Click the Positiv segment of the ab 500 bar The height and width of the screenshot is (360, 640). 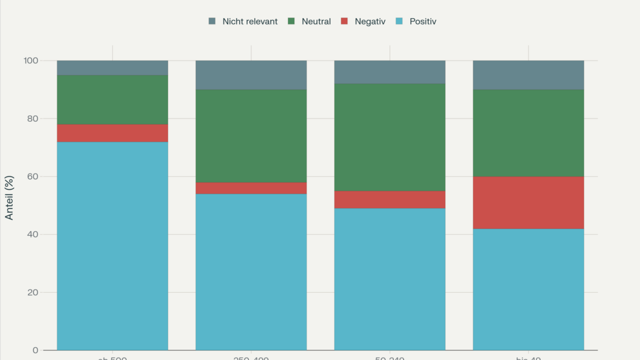click(113, 246)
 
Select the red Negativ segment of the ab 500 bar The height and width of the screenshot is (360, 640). click(113, 133)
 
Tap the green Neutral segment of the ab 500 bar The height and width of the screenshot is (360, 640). click(113, 100)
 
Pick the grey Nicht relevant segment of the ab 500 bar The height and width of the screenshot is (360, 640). click(113, 68)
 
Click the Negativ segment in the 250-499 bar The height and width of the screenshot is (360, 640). click(251, 188)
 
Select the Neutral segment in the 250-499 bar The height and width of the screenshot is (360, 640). click(251, 136)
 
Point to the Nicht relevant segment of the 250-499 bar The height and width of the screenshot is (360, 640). click(251, 75)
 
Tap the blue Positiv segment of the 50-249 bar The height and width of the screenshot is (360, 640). click(390, 279)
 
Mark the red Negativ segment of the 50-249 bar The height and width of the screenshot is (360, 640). click(390, 199)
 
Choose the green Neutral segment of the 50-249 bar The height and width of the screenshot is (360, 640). click(390, 137)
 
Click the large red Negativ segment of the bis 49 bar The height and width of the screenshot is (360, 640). click(529, 203)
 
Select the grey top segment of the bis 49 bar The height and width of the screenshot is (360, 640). click(529, 75)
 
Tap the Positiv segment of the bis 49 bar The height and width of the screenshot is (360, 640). click(529, 290)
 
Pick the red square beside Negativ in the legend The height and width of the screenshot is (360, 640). click(345, 22)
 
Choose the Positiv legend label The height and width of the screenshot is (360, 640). click(422, 22)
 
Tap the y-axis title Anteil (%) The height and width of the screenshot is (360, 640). click(10, 197)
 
